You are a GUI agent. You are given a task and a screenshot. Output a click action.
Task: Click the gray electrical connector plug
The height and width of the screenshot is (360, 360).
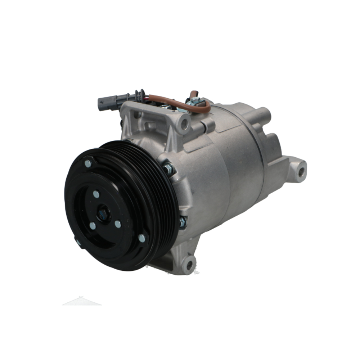point(107,102)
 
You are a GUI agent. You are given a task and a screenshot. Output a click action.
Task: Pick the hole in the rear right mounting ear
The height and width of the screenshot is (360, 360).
point(301,170)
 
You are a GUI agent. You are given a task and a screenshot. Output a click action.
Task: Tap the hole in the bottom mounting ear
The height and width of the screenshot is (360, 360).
point(188,264)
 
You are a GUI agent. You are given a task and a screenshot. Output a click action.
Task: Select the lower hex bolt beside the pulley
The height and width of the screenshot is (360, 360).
point(182,222)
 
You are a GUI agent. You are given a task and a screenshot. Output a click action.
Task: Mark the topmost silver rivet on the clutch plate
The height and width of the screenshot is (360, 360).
point(88,163)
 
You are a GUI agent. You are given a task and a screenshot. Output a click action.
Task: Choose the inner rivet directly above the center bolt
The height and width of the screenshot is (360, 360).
point(96,194)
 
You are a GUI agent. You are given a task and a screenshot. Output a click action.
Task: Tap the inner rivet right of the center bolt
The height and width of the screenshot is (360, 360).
point(117,224)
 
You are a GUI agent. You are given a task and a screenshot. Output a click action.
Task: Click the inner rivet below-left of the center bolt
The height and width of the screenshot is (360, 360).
point(93,226)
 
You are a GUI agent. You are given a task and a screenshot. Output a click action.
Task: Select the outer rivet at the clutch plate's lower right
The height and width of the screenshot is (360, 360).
point(141,238)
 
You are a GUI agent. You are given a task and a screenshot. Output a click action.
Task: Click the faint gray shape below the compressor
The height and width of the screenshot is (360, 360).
point(82,301)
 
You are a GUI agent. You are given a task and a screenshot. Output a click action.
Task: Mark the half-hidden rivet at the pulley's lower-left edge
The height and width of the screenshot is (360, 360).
point(78,242)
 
